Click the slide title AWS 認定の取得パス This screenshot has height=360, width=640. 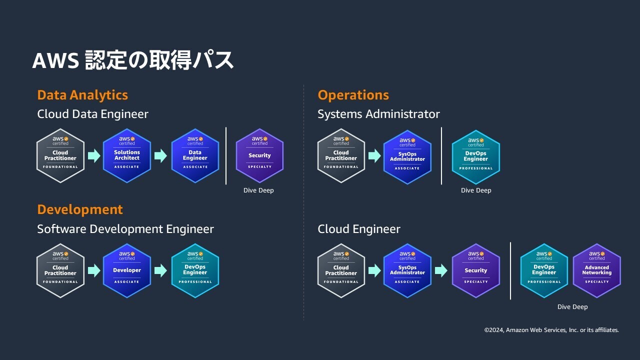point(133,60)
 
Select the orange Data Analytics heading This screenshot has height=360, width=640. point(82,95)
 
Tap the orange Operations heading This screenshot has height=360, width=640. point(353,95)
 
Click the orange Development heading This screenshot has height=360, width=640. point(80,209)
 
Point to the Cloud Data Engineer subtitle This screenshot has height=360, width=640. point(92,114)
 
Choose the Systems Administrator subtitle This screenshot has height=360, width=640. point(378,114)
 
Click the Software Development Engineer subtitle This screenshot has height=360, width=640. point(125,229)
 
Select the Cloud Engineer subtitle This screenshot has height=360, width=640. point(359,229)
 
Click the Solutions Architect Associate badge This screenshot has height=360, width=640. point(127,155)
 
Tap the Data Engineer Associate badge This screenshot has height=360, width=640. point(195,155)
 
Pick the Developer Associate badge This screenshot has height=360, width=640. point(127,270)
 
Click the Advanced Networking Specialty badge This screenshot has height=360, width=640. point(596,270)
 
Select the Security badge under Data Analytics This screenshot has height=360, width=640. point(259,155)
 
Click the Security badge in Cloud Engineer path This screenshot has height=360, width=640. point(475,270)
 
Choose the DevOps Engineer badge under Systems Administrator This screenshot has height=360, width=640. point(475,156)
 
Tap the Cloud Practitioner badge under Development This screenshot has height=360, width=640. point(60,270)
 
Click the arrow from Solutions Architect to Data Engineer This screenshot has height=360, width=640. point(160,156)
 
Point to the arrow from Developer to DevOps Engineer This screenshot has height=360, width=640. point(160,271)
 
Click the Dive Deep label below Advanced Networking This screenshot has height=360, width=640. point(572,307)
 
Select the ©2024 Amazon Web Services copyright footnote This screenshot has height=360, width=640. point(551,330)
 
